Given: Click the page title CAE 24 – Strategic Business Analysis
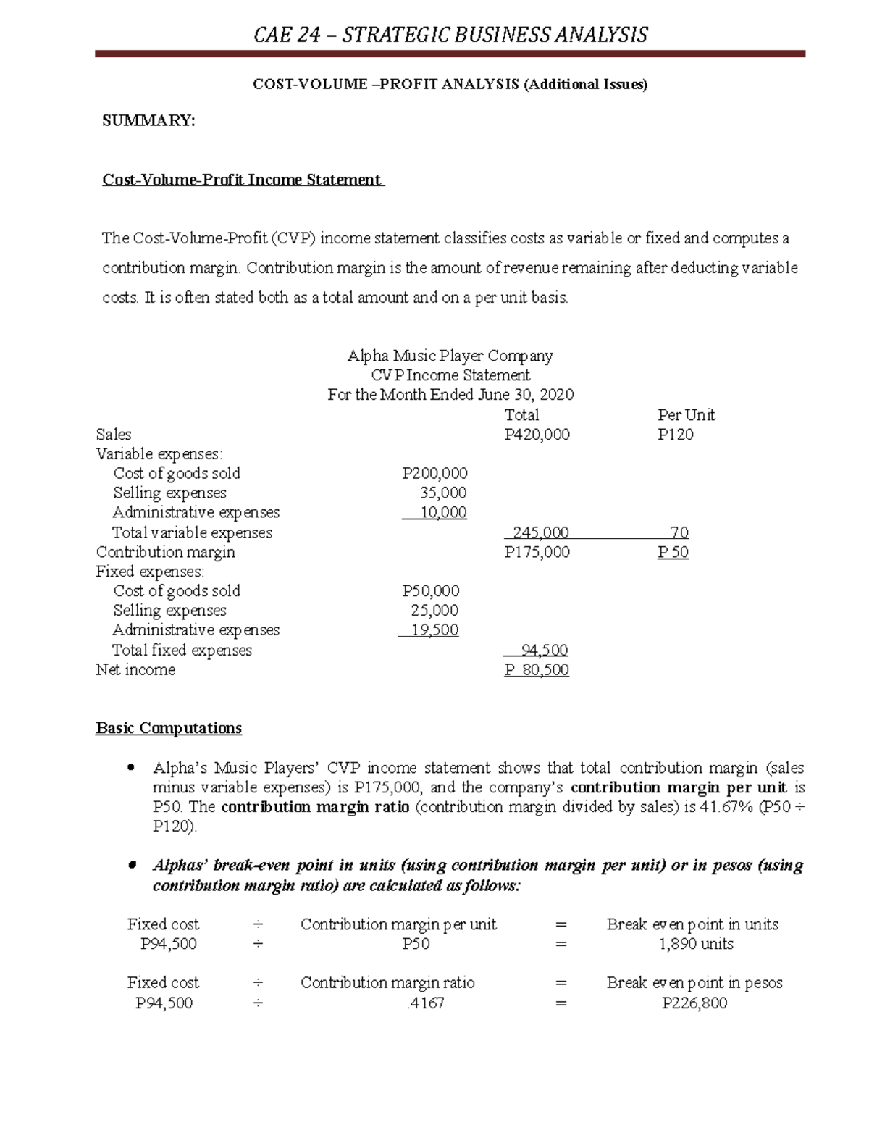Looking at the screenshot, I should click(450, 35).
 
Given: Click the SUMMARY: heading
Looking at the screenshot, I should click(148, 120).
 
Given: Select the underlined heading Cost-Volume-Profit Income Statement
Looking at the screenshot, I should click(242, 180).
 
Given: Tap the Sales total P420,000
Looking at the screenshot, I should click(537, 435).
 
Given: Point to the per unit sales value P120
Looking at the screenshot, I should click(675, 435).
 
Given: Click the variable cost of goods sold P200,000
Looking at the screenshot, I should click(434, 474).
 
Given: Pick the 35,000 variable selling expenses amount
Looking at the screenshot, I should click(443, 493).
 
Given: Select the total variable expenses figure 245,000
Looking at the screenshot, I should click(540, 533).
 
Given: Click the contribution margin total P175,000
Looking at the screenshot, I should click(537, 553).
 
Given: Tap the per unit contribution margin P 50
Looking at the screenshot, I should click(673, 553).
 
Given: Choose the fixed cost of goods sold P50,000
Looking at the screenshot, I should click(430, 591).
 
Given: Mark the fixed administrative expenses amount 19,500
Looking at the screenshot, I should click(434, 630).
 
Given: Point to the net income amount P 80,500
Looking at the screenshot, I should click(537, 670).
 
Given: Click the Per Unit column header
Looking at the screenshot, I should click(686, 415).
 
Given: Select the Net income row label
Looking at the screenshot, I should click(135, 670).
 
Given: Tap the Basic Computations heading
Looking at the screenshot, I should click(169, 728).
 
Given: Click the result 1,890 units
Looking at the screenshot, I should click(695, 944).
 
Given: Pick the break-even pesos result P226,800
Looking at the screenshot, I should click(694, 1003).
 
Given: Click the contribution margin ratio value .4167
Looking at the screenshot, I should click(425, 1003).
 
